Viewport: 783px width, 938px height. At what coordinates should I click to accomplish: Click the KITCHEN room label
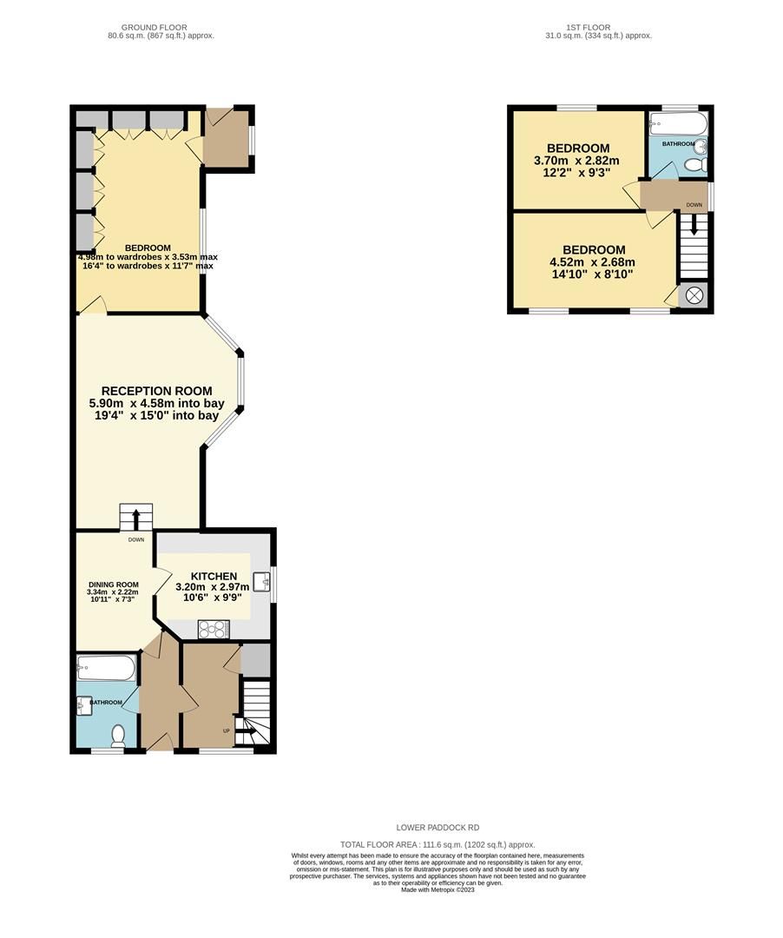(x=214, y=576)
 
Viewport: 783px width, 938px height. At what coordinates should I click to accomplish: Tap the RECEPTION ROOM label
(x=156, y=392)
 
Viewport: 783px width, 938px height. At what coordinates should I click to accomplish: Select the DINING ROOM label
(x=113, y=585)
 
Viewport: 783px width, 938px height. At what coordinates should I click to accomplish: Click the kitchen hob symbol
(x=213, y=629)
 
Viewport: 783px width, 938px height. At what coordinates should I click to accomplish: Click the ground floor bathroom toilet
(x=119, y=737)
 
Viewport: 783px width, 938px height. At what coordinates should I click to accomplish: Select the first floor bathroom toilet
(x=695, y=164)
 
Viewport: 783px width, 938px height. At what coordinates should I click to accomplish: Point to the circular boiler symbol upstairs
(x=694, y=296)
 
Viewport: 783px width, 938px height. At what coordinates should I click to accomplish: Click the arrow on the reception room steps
(x=135, y=519)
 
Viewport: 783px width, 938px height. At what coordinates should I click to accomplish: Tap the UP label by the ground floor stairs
(x=227, y=730)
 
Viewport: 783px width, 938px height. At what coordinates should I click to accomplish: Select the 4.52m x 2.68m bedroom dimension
(x=592, y=263)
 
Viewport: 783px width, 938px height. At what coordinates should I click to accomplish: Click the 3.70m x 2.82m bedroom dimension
(x=576, y=161)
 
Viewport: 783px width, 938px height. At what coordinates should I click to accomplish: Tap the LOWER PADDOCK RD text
(x=438, y=828)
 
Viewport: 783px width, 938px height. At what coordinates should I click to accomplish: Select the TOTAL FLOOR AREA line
(x=438, y=844)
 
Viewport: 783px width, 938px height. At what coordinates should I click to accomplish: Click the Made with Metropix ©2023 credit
(x=438, y=889)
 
